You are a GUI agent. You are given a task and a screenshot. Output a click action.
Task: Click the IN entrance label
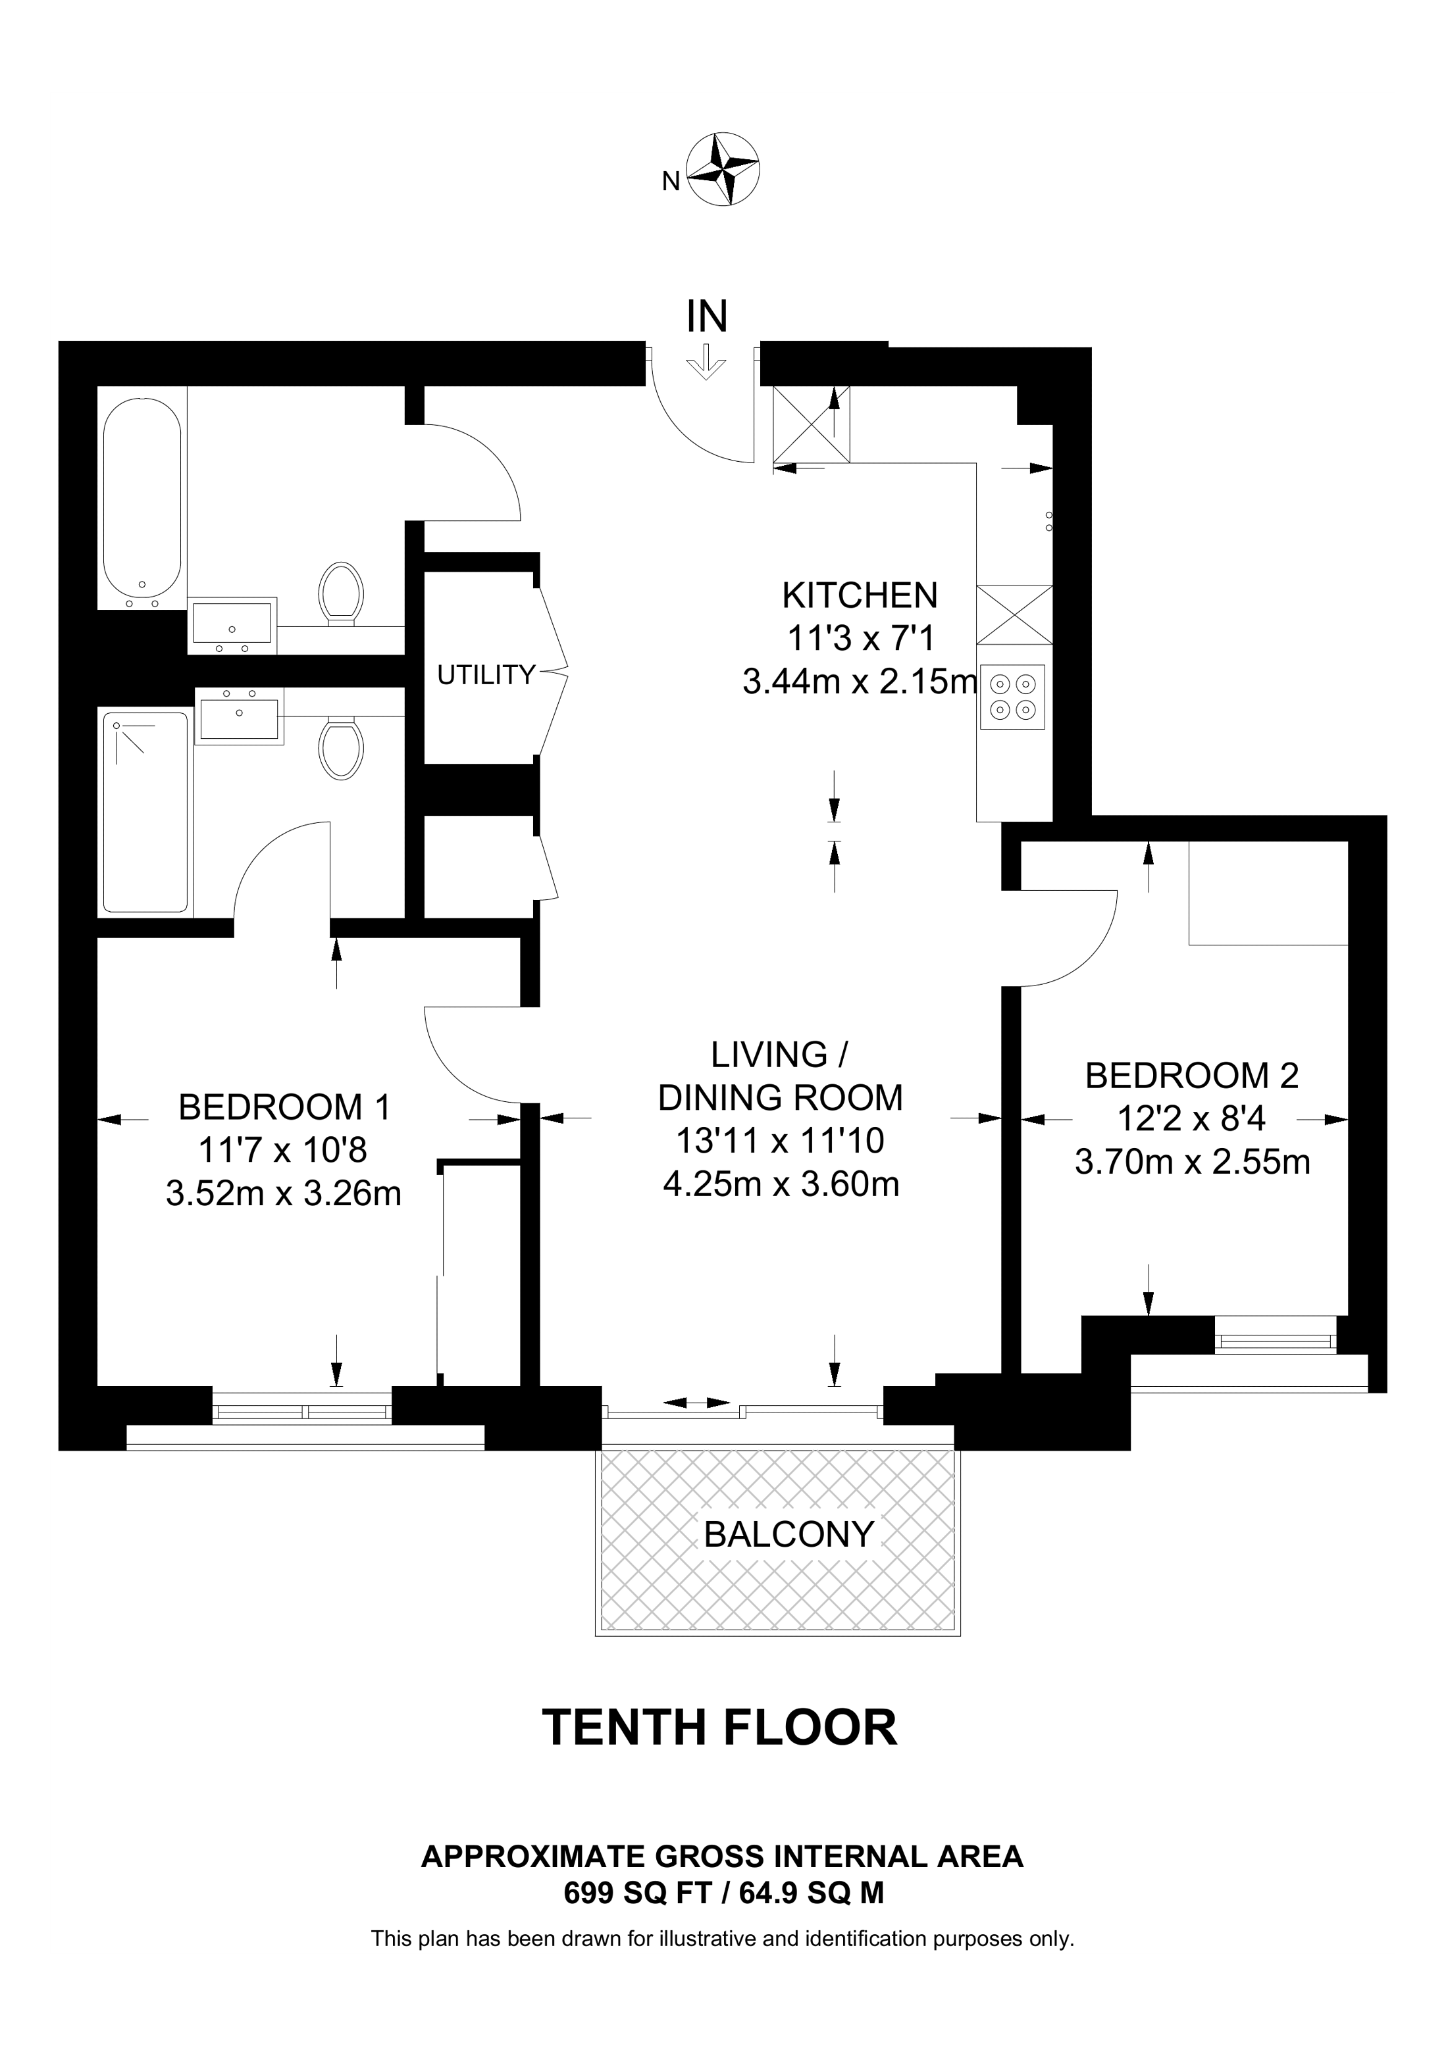pyautogui.click(x=707, y=316)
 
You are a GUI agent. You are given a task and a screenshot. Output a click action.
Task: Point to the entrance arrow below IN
pyautogui.click(x=707, y=363)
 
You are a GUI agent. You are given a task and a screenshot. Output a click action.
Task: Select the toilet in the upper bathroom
pyautogui.click(x=341, y=591)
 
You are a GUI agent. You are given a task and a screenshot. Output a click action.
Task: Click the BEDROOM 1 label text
pyautogui.click(x=284, y=1107)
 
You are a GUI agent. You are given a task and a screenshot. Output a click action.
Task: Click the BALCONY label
pyautogui.click(x=789, y=1534)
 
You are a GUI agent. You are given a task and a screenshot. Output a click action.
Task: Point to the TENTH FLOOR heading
pyautogui.click(x=719, y=1728)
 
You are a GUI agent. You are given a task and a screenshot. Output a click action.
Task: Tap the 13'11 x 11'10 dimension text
pyautogui.click(x=781, y=1140)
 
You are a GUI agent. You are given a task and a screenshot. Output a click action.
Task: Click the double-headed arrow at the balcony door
pyautogui.click(x=698, y=1403)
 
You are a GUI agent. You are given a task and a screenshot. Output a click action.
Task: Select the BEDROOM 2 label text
pyautogui.click(x=1192, y=1076)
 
